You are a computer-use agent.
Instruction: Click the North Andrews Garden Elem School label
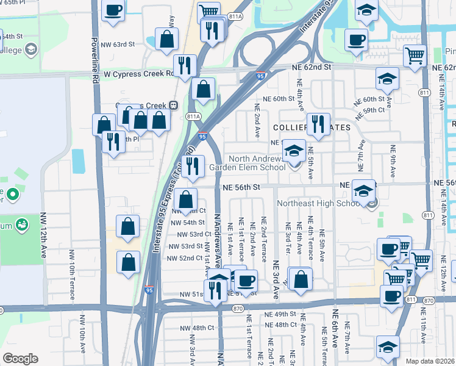(247, 162)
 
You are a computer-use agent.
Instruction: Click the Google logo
(21, 359)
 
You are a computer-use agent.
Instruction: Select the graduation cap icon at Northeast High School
(364, 192)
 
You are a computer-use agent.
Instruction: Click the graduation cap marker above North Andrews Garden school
(294, 149)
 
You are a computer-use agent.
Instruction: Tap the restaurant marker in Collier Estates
(318, 124)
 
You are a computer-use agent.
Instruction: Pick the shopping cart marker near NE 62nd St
(415, 56)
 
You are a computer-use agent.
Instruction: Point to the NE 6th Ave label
(335, 329)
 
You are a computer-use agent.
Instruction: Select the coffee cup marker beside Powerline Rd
(113, 10)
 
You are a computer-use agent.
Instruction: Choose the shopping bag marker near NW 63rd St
(166, 40)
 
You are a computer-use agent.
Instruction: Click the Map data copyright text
(430, 361)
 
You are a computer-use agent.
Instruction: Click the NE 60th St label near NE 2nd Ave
(279, 98)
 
